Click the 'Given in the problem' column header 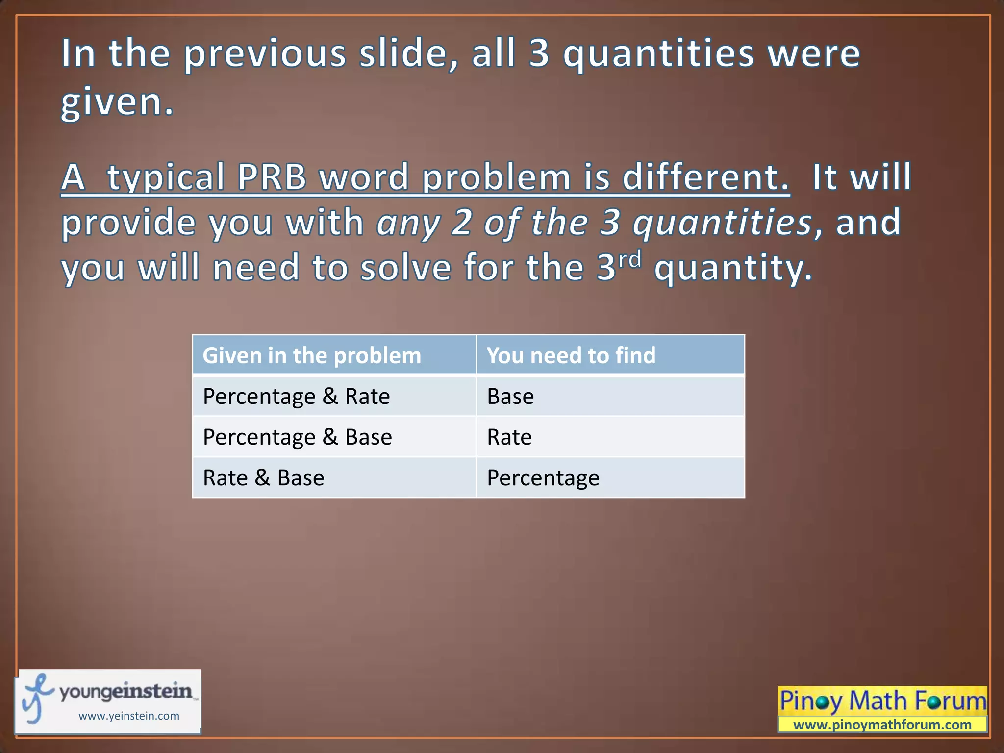point(312,355)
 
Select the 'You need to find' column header point(571,355)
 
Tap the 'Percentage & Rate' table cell point(297,396)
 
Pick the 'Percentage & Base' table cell point(298,437)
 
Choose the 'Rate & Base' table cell point(264,477)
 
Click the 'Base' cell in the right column point(510,396)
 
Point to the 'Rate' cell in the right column point(509,437)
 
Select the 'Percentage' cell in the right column point(543,477)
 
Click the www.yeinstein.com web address point(129,716)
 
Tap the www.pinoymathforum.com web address point(882,725)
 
